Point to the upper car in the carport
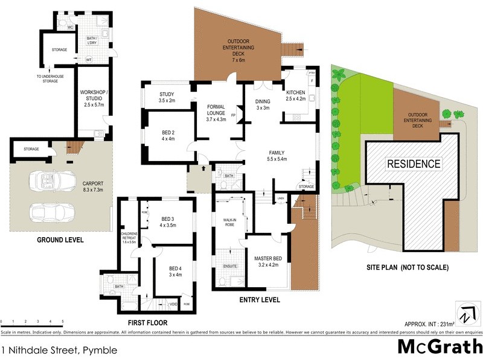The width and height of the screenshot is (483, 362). click(x=52, y=180)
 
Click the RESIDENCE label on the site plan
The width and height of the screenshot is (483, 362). click(x=414, y=164)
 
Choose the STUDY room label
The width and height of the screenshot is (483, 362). click(x=167, y=97)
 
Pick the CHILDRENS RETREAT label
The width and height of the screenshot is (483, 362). click(x=129, y=237)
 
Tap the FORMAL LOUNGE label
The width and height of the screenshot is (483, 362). click(x=216, y=112)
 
